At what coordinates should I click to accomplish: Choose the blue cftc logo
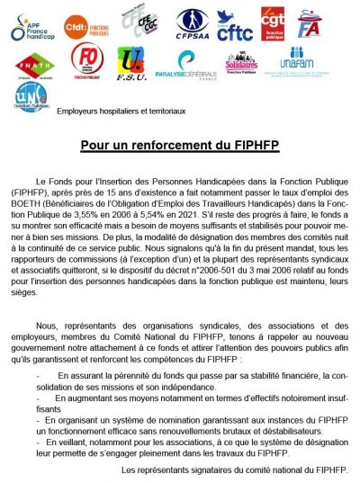pos(236,28)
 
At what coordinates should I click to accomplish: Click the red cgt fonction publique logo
pos(273,25)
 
